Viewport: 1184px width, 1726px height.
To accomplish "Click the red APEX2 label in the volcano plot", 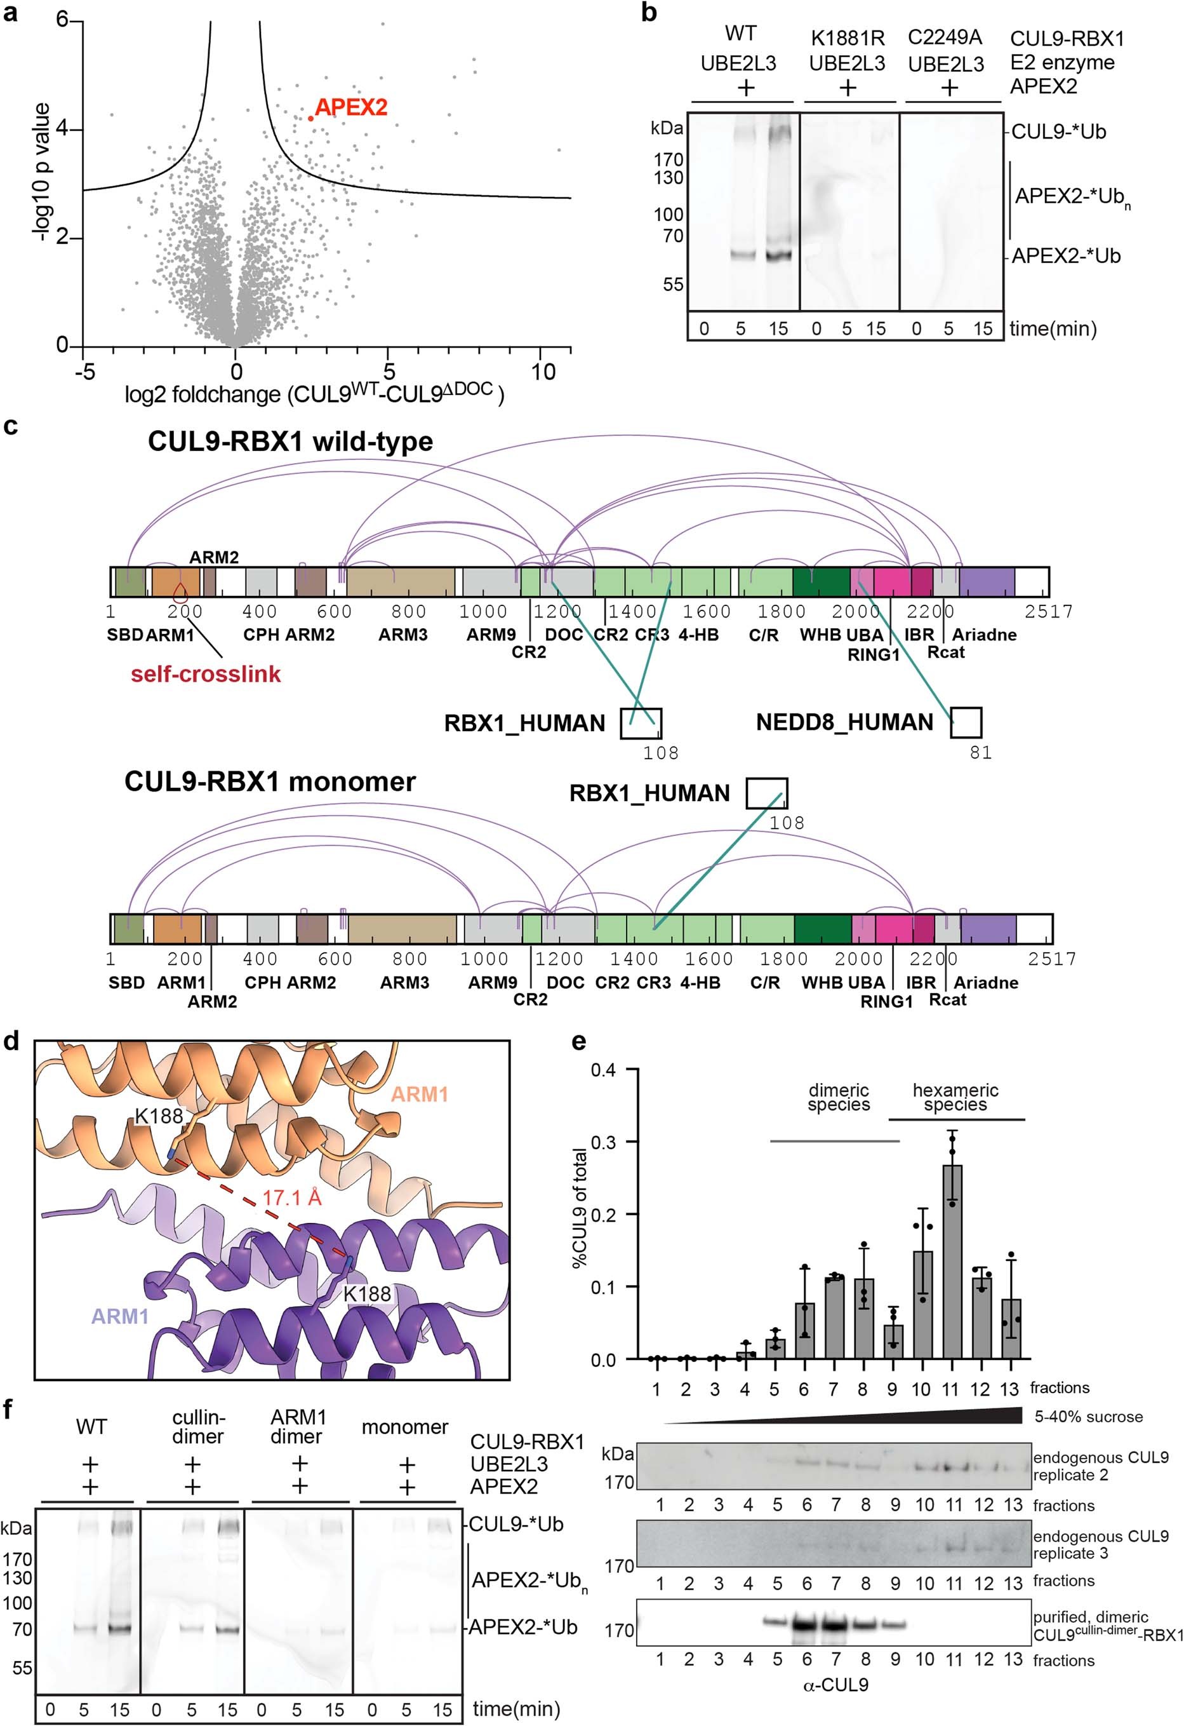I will [350, 108].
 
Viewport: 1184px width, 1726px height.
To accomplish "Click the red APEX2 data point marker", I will [310, 118].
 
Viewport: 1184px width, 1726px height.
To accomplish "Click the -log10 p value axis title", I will [43, 172].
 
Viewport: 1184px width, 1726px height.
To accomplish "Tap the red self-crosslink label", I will [206, 675].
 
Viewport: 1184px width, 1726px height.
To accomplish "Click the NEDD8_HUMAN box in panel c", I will [966, 722].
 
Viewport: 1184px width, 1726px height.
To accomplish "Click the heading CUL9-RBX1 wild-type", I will [290, 441].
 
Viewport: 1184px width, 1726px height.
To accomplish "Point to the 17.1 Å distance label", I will [292, 1198].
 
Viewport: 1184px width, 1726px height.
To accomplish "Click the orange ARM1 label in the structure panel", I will [420, 1094].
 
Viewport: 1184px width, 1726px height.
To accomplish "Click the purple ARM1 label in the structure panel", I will [119, 1317].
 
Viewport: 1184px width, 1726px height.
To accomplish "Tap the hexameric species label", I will [955, 1097].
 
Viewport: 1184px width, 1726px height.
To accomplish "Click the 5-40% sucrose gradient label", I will [1088, 1416].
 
